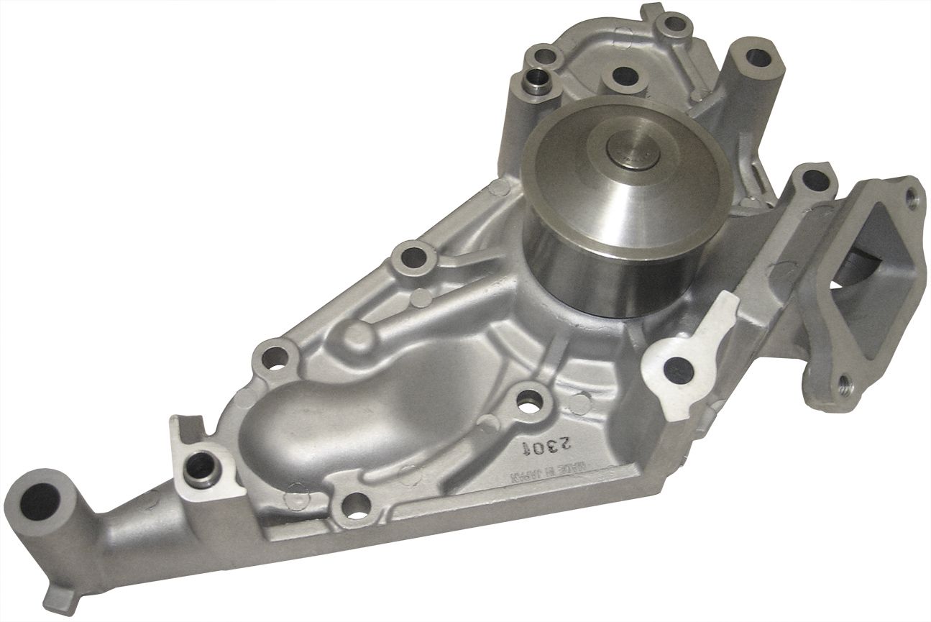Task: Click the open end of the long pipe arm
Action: (41, 500)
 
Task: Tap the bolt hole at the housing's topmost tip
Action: (675, 23)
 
